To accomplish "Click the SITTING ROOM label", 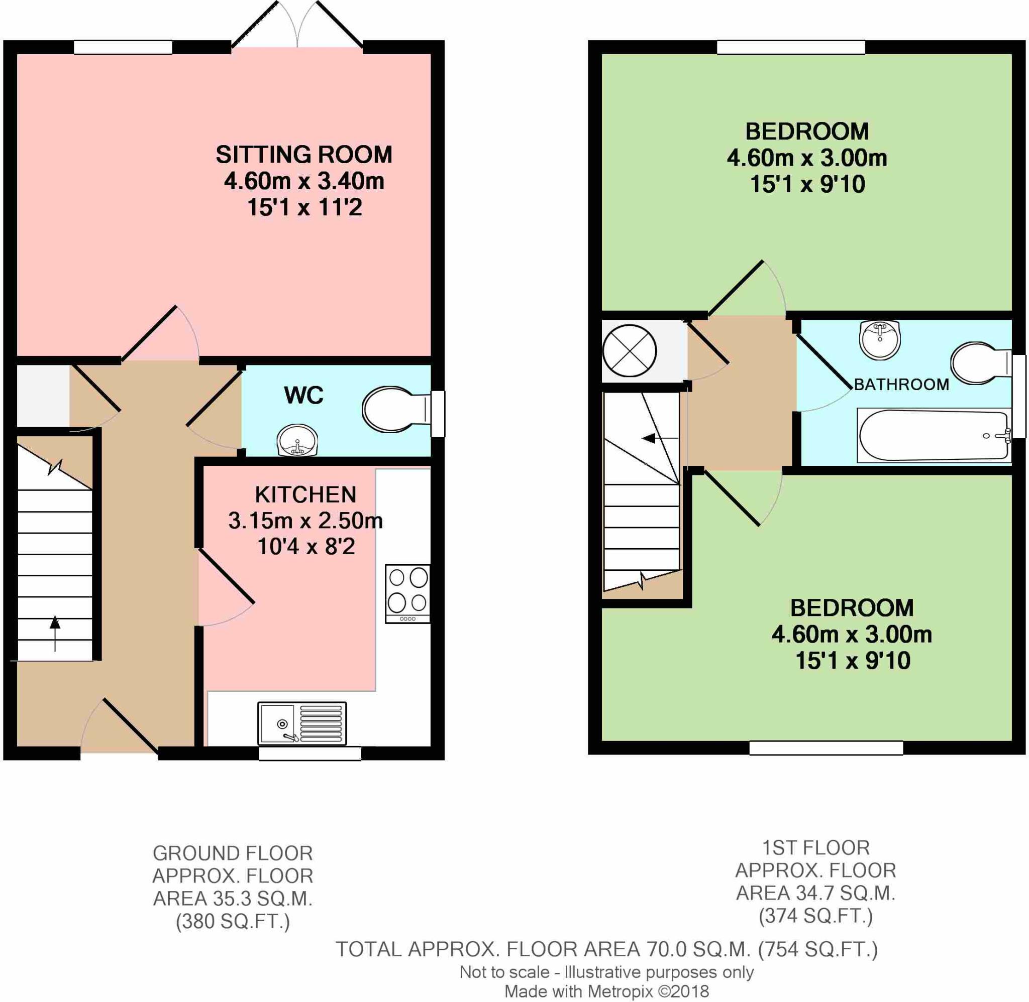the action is click(x=304, y=155).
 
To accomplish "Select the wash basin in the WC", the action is click(x=297, y=440).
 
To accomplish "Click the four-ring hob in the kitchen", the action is click(x=407, y=594).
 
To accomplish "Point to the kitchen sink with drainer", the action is click(x=302, y=723).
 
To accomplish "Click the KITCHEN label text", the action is click(x=305, y=494).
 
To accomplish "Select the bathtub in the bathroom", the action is click(x=934, y=435).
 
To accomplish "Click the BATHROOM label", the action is click(x=901, y=385).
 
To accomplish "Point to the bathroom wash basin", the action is click(x=880, y=340).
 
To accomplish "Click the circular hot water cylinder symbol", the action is click(x=629, y=350).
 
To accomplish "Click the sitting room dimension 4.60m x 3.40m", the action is click(x=304, y=181).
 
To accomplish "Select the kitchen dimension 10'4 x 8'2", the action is click(x=305, y=547).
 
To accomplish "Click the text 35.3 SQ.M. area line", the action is click(x=233, y=898).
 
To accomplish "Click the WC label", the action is click(x=303, y=395).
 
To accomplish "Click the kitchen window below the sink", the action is click(x=310, y=754).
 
